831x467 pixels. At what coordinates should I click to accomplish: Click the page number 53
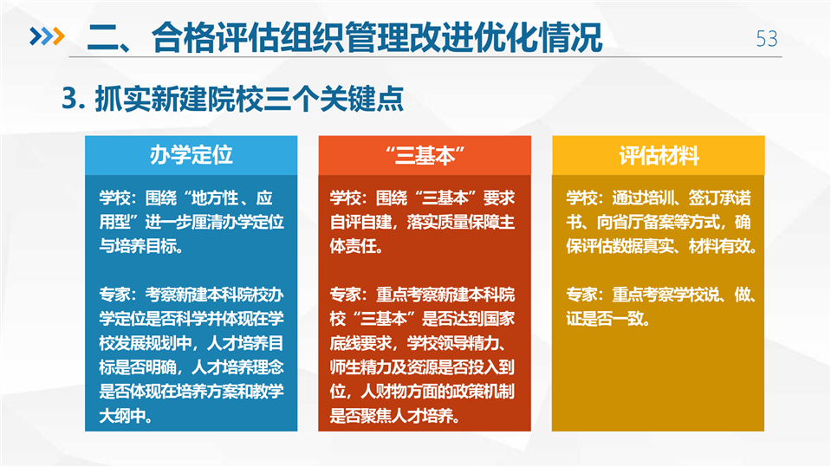point(767,39)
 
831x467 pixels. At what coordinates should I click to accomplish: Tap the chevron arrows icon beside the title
point(47,36)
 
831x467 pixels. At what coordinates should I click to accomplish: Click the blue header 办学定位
point(192,155)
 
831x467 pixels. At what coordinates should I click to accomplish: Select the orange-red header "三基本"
point(425,155)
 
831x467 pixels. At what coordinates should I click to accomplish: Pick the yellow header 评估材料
point(659,155)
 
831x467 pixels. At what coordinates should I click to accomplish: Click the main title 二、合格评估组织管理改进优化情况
point(345,37)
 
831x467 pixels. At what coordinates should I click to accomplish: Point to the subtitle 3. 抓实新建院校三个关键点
point(232,99)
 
